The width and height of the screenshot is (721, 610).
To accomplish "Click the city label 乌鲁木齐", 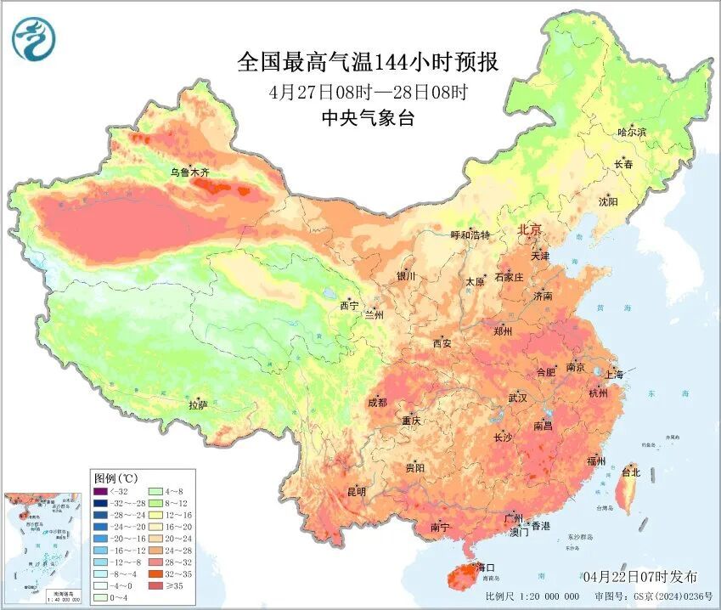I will tap(189, 172).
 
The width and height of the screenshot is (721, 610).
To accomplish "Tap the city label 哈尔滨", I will tap(632, 133).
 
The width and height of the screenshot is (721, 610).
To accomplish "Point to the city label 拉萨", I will tap(197, 406).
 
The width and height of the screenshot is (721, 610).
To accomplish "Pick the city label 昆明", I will tap(356, 491).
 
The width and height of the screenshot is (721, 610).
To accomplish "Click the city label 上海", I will tap(613, 374).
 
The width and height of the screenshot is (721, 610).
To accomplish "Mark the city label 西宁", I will tap(349, 305).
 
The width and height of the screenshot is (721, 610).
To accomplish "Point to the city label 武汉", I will tap(518, 398).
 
